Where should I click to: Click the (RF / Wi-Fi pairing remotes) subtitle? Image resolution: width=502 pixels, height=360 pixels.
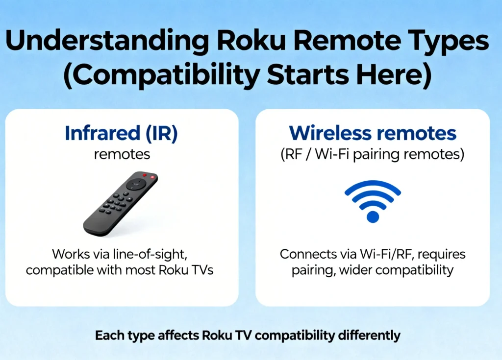pos(373,154)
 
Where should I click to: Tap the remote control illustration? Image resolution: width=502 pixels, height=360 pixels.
pos(121,203)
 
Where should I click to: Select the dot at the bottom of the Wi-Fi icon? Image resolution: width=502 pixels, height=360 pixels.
pos(373,216)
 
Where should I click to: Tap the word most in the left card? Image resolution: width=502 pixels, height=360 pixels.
pos(139,270)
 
